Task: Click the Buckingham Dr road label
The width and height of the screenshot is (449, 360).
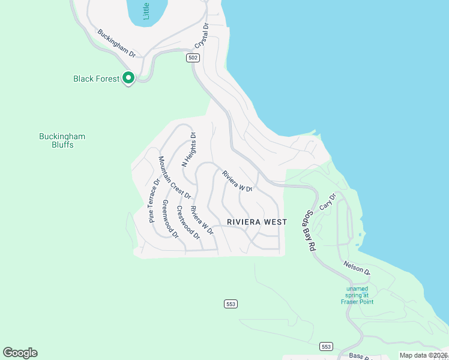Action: click(x=116, y=43)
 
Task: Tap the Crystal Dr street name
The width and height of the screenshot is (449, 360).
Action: click(x=202, y=36)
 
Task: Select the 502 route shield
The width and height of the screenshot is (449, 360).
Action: click(x=192, y=58)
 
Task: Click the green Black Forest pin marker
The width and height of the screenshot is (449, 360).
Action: click(x=128, y=77)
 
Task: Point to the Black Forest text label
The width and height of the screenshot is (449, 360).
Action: click(x=96, y=79)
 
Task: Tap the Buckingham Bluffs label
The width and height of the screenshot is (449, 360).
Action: click(x=62, y=140)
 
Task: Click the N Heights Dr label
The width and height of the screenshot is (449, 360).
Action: click(x=189, y=150)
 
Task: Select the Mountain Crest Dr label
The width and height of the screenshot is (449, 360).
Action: click(x=175, y=177)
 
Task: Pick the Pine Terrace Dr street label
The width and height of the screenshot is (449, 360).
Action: click(x=154, y=200)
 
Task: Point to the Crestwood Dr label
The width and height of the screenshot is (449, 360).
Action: click(x=188, y=223)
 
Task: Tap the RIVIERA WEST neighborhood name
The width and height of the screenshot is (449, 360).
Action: click(x=257, y=222)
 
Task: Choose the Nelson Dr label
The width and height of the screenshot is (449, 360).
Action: click(x=357, y=268)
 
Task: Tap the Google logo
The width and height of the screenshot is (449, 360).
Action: click(x=20, y=353)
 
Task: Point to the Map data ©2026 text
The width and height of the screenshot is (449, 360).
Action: click(x=423, y=355)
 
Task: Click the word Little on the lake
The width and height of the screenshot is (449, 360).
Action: click(x=146, y=10)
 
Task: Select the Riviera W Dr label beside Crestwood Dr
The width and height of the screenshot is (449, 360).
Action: click(x=202, y=220)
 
